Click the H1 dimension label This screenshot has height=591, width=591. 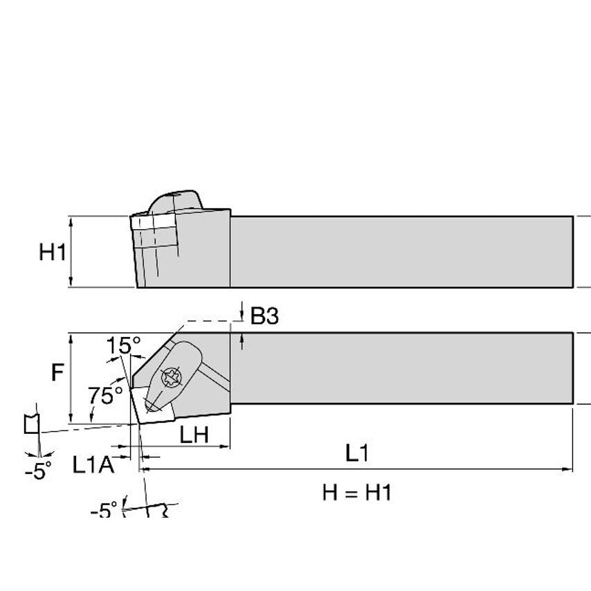52,252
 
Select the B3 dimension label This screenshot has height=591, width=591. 264,316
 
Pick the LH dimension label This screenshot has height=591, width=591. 195,435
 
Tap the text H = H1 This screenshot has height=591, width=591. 356,493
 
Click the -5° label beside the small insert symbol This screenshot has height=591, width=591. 38,471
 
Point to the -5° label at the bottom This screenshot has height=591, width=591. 104,511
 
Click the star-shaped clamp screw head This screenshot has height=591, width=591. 170,378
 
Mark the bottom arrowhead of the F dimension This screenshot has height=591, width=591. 71,419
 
